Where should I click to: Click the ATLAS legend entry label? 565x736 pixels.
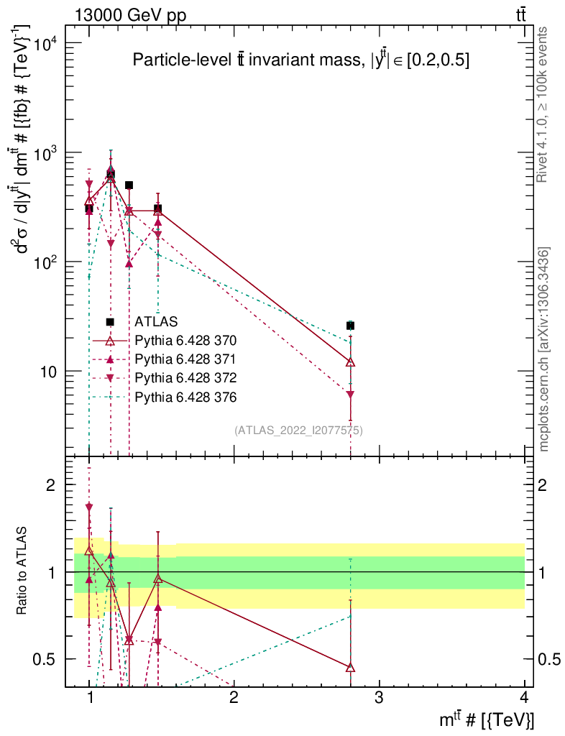[156, 322]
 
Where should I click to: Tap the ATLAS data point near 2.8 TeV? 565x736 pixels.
[350, 326]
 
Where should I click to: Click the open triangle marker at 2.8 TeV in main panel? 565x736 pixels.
[350, 362]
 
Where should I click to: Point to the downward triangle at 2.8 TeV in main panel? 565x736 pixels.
[350, 395]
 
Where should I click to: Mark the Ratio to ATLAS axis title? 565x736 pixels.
[24, 571]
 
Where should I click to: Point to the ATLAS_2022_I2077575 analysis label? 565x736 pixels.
[298, 431]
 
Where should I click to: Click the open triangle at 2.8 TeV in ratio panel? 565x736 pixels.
[350, 668]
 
